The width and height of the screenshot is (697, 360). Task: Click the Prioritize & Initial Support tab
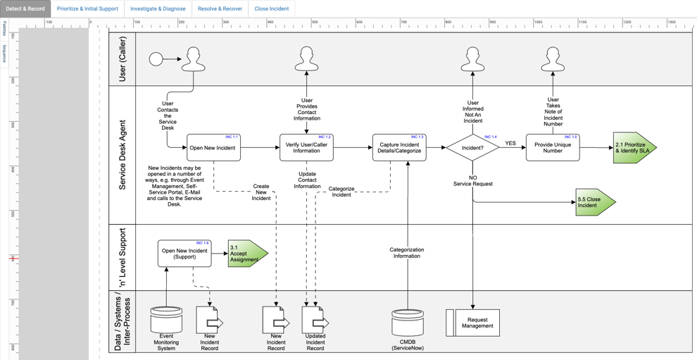tap(87, 9)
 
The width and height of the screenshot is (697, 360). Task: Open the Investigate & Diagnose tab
tap(158, 9)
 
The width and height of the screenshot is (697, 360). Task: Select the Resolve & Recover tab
tap(220, 9)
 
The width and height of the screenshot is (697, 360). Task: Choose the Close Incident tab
tap(271, 9)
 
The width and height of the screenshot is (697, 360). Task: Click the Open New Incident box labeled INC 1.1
tap(213, 148)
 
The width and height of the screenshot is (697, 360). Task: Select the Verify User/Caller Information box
tap(306, 148)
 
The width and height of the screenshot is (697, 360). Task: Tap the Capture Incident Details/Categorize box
tap(399, 148)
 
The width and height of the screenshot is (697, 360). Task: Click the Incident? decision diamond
tap(472, 148)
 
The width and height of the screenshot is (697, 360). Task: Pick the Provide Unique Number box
tap(553, 148)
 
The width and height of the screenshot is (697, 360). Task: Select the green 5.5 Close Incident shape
tap(594, 202)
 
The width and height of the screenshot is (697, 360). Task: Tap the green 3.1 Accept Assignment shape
tap(246, 254)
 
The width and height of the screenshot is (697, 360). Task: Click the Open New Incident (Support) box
tap(184, 254)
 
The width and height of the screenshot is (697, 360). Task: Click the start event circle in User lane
tap(156, 59)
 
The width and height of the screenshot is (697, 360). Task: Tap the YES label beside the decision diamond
tap(510, 144)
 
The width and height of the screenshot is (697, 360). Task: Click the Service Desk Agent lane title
tap(123, 155)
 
